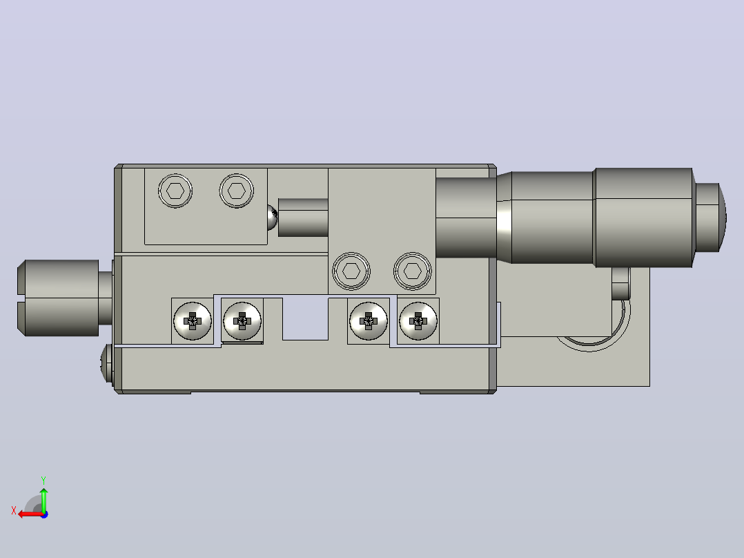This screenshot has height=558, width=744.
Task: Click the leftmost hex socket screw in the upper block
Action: point(175,191)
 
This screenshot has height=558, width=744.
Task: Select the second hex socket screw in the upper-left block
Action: point(236,191)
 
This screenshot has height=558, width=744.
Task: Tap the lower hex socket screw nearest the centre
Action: point(351,271)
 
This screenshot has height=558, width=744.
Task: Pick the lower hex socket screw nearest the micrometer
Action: point(412,271)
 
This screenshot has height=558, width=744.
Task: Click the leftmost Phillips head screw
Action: point(192,321)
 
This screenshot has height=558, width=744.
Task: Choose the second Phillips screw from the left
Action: point(242,321)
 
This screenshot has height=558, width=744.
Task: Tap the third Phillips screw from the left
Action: point(369,321)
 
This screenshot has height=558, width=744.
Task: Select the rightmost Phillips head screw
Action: point(418,321)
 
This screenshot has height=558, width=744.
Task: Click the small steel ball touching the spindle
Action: point(273,218)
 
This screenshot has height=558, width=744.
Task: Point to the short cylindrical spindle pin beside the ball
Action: point(303,218)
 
